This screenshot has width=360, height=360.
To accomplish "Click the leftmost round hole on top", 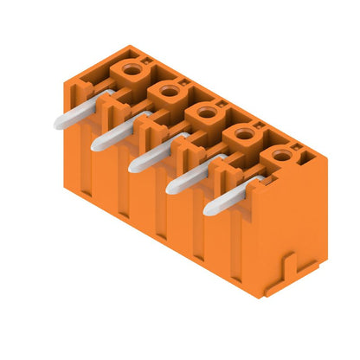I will pos(131,68).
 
